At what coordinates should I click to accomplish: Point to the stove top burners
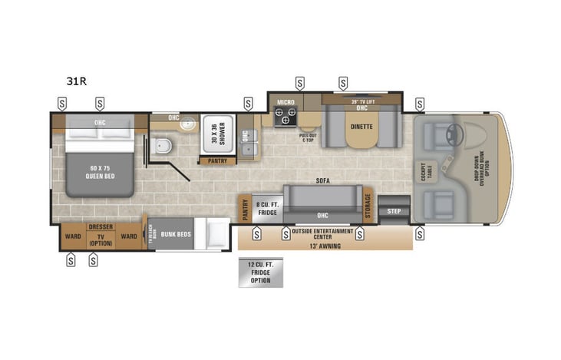[286, 116]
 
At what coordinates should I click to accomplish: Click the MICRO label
[285, 101]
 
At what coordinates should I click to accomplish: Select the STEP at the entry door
[394, 210]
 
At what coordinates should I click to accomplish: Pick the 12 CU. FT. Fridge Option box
[260, 273]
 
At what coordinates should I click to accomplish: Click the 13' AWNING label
[325, 246]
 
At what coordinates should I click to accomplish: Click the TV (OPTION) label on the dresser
[101, 239]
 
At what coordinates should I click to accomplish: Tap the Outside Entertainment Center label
[322, 233]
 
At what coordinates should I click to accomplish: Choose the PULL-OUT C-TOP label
[308, 137]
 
